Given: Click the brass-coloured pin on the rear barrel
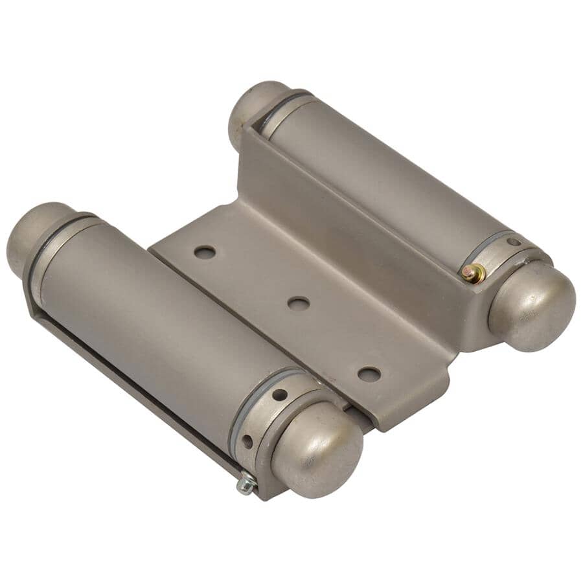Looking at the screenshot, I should pos(474,275).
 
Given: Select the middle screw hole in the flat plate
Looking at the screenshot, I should pos(298,303).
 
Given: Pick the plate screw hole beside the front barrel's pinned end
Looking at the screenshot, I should pos(369,374).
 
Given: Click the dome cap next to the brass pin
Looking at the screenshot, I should pos(532,304).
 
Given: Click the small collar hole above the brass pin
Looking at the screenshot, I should pos(513,243).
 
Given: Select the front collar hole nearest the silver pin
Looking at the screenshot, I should pos(247,442).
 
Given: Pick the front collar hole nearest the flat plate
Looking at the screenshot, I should pos(280,394).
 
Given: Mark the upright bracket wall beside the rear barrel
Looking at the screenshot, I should pos(363,214).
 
